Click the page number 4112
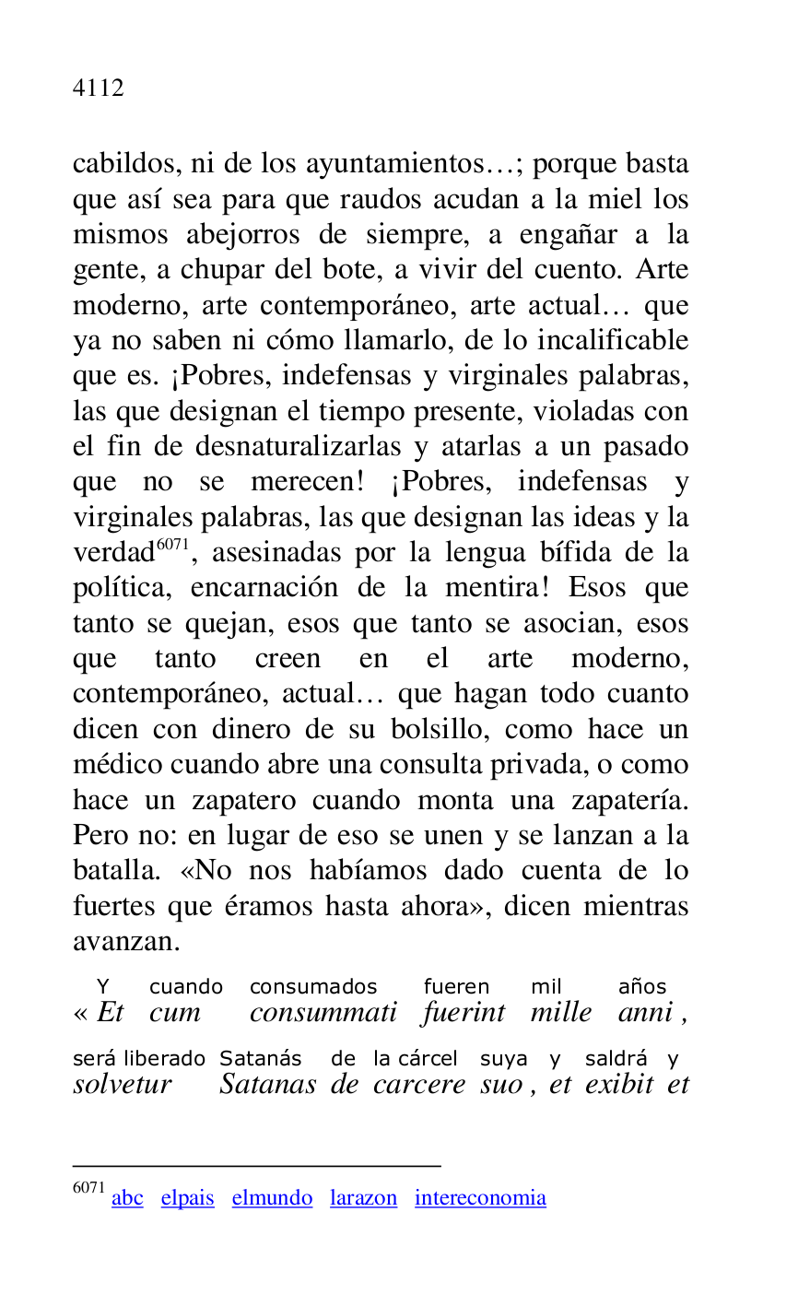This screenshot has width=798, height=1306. (98, 88)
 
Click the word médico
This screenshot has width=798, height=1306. (111, 765)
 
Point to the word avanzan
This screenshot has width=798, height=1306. (125, 941)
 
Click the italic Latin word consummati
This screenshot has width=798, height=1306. (323, 1013)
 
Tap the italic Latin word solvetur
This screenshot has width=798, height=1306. (123, 1084)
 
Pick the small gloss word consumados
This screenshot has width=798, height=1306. (313, 987)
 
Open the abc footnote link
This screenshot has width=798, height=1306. (127, 1198)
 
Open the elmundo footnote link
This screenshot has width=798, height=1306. (272, 1198)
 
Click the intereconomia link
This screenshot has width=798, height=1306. (480, 1198)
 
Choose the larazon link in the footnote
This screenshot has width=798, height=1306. (363, 1198)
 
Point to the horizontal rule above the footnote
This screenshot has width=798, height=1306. (256, 1166)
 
